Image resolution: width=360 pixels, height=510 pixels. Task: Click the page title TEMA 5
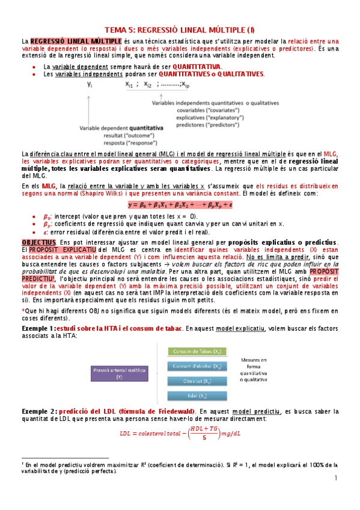coord(179,29)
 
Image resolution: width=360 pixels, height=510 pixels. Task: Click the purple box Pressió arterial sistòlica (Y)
coord(119,373)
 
